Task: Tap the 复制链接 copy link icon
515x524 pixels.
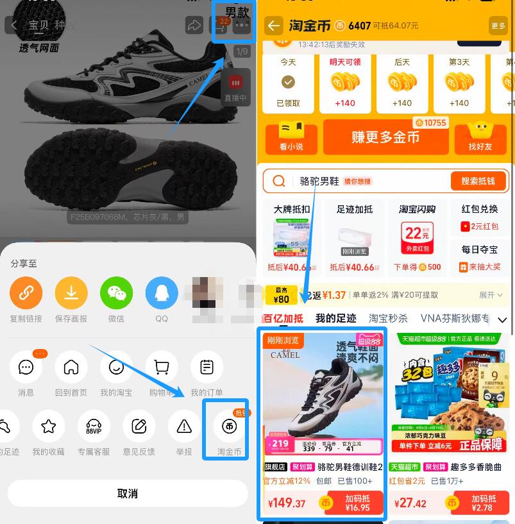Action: (x=26, y=293)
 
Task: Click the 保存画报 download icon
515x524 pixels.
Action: (x=71, y=293)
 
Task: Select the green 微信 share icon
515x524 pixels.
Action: (x=116, y=293)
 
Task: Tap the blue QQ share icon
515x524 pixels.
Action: (x=162, y=293)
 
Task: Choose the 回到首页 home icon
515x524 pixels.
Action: (x=71, y=368)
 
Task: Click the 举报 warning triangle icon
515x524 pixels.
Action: (x=184, y=425)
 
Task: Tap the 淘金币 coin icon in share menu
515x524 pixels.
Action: (x=230, y=425)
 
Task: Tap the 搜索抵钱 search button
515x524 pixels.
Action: (x=478, y=181)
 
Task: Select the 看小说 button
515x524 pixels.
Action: (x=291, y=138)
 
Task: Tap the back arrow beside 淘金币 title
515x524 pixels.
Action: (x=274, y=26)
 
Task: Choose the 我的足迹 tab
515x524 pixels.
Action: (x=335, y=318)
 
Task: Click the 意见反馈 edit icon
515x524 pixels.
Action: (x=139, y=425)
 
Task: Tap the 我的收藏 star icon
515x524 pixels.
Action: (x=49, y=425)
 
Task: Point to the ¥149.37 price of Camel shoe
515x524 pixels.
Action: (x=287, y=503)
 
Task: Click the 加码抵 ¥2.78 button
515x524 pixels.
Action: (x=483, y=503)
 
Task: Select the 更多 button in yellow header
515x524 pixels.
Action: (x=498, y=26)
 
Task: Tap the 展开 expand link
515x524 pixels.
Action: (x=491, y=295)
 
